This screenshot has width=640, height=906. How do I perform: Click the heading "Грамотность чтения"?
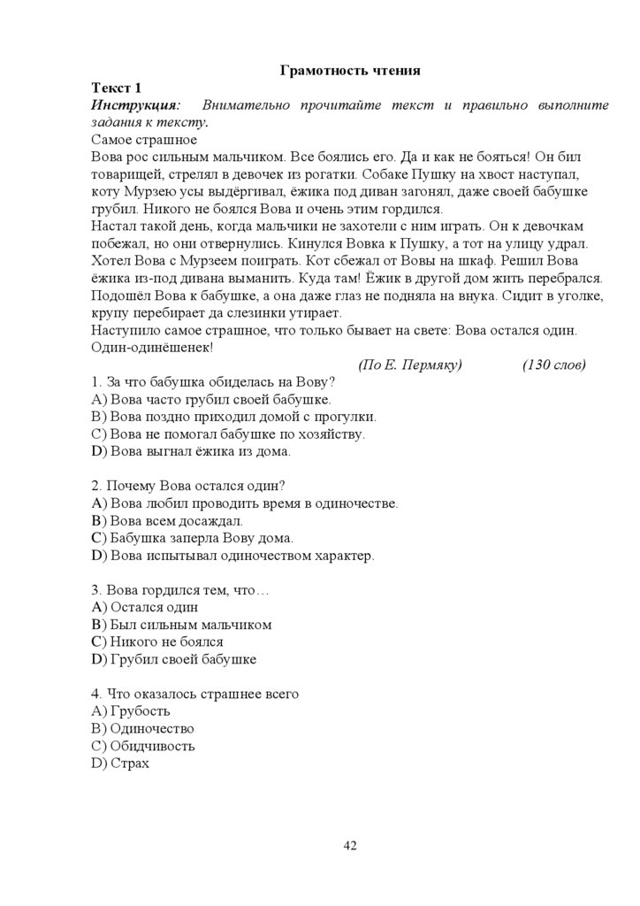(349, 70)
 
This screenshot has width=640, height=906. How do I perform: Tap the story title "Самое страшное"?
(144, 140)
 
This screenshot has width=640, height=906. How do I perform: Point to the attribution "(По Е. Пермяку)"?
(410, 365)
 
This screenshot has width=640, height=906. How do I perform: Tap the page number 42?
(349, 846)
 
